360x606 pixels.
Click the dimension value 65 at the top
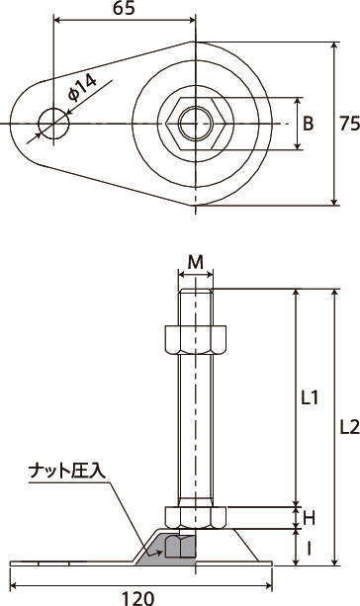click(x=124, y=8)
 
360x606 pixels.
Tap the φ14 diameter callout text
click(x=82, y=88)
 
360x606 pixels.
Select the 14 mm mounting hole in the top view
click(x=53, y=124)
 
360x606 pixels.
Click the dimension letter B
click(x=308, y=124)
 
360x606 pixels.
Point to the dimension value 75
click(x=349, y=124)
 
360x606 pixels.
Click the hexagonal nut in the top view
click(x=196, y=124)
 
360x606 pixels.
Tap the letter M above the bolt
click(x=195, y=263)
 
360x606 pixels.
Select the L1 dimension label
click(x=310, y=397)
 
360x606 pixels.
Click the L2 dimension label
click(x=350, y=427)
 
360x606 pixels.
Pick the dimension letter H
click(x=309, y=518)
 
